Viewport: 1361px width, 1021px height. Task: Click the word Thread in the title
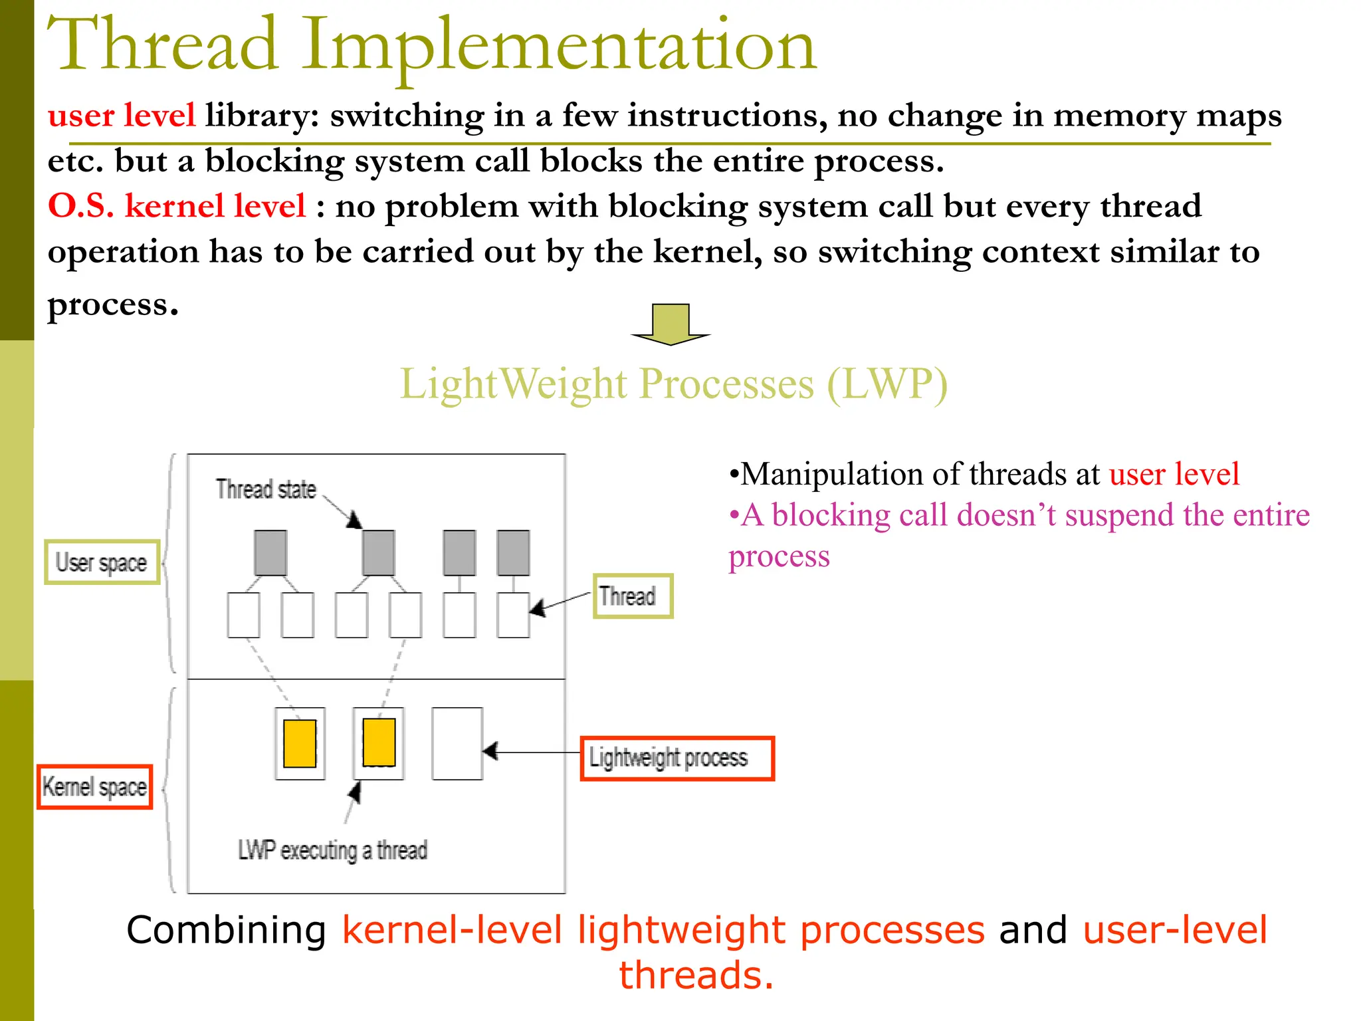tap(163, 45)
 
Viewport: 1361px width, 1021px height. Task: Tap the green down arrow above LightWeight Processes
tap(671, 324)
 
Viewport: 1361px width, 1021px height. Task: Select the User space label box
tap(102, 562)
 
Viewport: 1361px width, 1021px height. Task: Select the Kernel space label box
tap(94, 786)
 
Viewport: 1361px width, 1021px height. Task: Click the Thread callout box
tap(632, 596)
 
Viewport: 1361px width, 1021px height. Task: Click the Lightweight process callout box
tap(677, 758)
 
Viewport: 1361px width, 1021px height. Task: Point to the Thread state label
tap(266, 489)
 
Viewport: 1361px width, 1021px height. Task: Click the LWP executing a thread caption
tap(332, 850)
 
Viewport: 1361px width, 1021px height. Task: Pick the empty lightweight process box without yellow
tap(457, 743)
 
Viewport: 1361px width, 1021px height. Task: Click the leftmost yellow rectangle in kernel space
tap(300, 743)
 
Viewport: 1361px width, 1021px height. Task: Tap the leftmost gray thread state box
tap(270, 552)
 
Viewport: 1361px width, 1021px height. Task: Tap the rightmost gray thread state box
tap(513, 552)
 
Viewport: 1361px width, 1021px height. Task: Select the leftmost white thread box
tap(243, 615)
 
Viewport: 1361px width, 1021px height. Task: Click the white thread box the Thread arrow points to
tap(513, 615)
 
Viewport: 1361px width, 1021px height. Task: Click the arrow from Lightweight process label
tap(532, 752)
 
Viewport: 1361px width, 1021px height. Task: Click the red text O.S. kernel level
tap(177, 205)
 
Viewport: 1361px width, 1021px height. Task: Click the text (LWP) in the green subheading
tap(887, 384)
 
